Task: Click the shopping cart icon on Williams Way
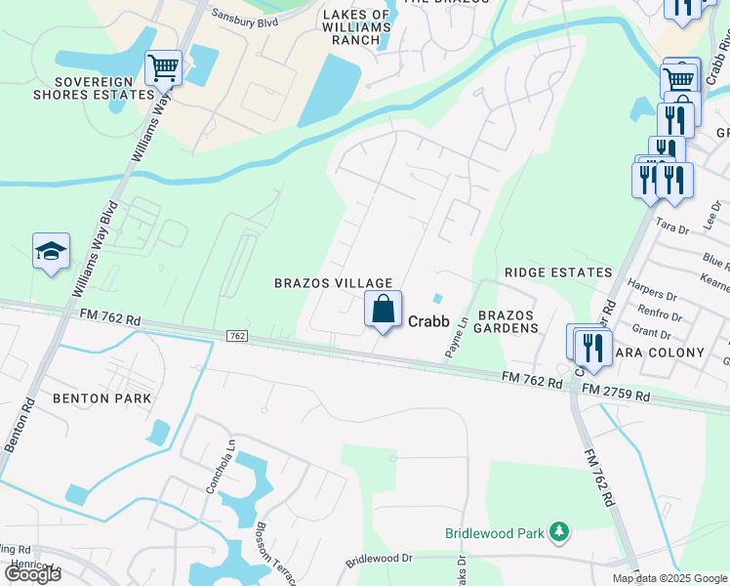pyautogui.click(x=163, y=68)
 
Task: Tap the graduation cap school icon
pyautogui.click(x=51, y=252)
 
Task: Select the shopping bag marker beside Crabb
pyautogui.click(x=384, y=310)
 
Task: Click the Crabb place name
pyautogui.click(x=427, y=319)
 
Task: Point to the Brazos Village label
pyautogui.click(x=333, y=282)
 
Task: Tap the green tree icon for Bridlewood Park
pyautogui.click(x=559, y=532)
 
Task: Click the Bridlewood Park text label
pyautogui.click(x=495, y=533)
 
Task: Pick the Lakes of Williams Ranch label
pyautogui.click(x=356, y=22)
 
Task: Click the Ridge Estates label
pyautogui.click(x=558, y=272)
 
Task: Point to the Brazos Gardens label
pyautogui.click(x=507, y=322)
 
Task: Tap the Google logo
pyautogui.click(x=32, y=574)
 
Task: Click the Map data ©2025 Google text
pyautogui.click(x=669, y=578)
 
